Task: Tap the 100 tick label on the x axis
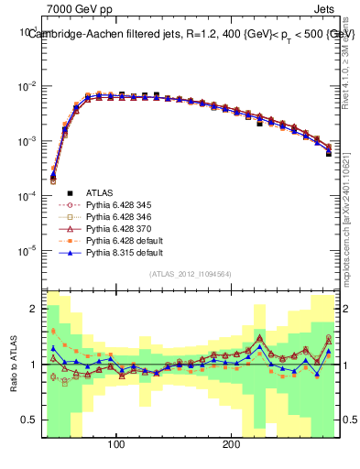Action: (x=116, y=444)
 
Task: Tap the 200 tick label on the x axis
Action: (x=232, y=444)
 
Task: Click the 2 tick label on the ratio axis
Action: (x=35, y=309)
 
